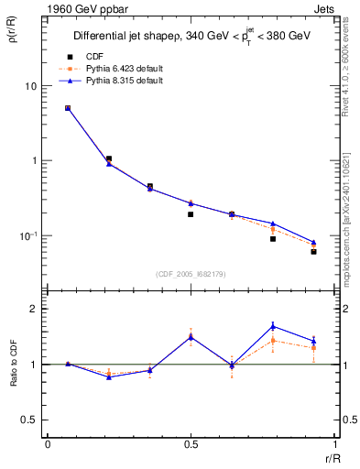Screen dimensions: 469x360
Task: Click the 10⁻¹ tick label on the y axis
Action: click(x=27, y=235)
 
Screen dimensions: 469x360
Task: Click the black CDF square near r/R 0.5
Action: click(x=191, y=214)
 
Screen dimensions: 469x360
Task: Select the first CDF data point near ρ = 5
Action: click(x=68, y=108)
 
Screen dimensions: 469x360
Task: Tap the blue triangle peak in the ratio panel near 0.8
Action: click(x=273, y=326)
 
